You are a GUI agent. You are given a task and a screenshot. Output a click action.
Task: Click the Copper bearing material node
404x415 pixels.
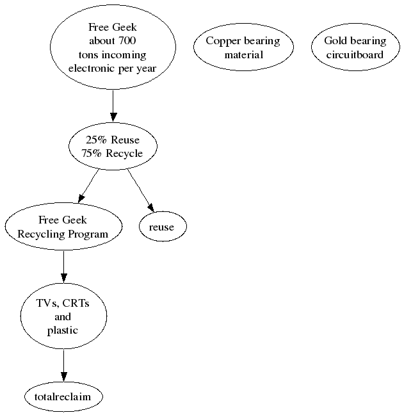pyautogui.click(x=243, y=48)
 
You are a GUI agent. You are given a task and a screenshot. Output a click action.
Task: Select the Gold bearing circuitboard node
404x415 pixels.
pyautogui.click(x=355, y=48)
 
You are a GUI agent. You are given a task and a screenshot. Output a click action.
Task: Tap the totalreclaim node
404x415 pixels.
pyautogui.click(x=63, y=397)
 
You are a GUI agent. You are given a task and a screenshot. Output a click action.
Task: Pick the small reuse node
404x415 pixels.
pyautogui.click(x=161, y=227)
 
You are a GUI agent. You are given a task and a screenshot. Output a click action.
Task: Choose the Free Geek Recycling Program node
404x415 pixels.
pyautogui.click(x=63, y=227)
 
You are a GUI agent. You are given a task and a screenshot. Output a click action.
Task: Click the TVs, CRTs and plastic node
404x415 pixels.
pyautogui.click(x=63, y=316)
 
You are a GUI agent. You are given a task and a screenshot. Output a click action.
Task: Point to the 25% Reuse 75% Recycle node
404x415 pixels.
pyautogui.click(x=113, y=147)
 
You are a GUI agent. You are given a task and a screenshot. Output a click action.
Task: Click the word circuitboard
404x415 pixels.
pyautogui.click(x=355, y=55)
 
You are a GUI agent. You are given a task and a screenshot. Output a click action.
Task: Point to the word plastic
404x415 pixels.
pyautogui.click(x=63, y=330)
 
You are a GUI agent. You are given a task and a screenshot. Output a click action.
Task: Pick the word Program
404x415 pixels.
pyautogui.click(x=90, y=234)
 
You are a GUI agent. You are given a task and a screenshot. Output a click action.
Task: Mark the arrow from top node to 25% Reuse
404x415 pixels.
pyautogui.click(x=113, y=105)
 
